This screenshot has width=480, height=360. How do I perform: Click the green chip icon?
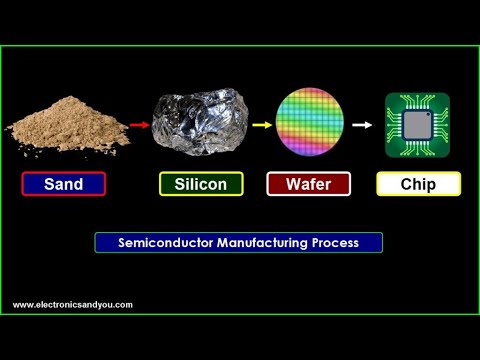coord(417,124)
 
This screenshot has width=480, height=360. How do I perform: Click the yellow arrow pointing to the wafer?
coord(261,126)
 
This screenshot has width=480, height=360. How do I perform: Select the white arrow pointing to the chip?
coord(362,126)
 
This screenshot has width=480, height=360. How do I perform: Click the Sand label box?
coord(63,184)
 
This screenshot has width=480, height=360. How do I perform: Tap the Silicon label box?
coord(200,184)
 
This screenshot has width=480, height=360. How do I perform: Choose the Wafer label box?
coord(307,184)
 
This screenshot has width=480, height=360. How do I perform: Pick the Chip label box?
coord(418,184)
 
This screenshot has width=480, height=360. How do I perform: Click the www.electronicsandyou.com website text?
coord(72,305)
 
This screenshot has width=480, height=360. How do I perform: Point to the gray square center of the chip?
coord(418,124)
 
